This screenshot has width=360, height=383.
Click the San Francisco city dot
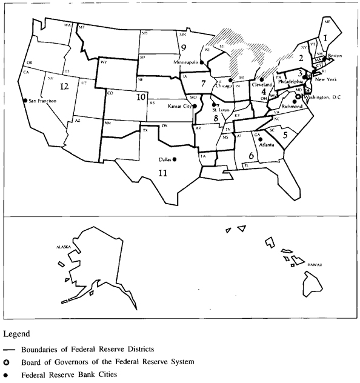[25, 101]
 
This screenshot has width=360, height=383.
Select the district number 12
[65, 87]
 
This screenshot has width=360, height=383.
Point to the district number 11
[162, 173]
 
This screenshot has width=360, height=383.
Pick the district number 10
[141, 96]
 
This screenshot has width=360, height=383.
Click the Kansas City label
[180, 106]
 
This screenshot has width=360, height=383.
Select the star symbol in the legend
[6, 362]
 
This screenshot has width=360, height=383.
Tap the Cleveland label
[261, 85]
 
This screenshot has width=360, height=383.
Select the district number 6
[250, 155]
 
